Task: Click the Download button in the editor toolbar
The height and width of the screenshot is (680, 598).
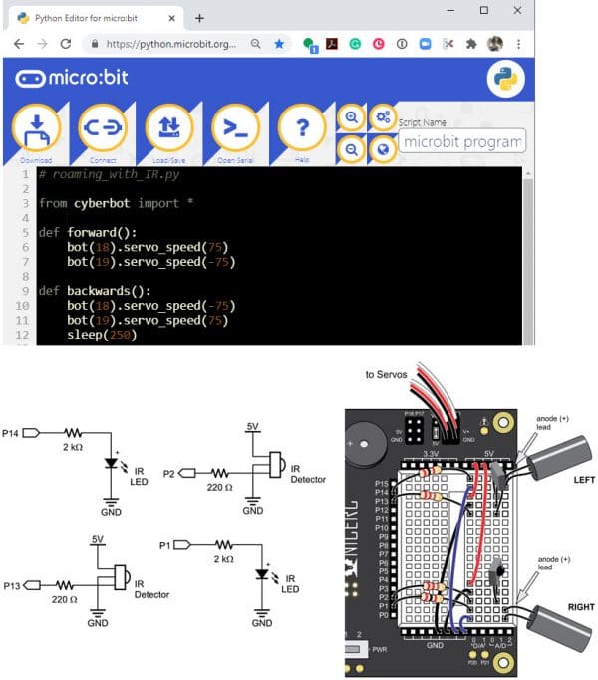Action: click(35, 129)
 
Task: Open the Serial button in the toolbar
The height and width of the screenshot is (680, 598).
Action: click(235, 129)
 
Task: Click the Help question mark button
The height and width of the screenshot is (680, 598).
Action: click(300, 129)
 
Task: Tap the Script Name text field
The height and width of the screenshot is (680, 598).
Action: click(460, 142)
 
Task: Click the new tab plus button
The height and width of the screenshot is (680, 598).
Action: click(199, 18)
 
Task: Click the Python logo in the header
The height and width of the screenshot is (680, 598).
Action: click(506, 80)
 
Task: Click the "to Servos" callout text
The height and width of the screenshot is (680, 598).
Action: click(387, 375)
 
